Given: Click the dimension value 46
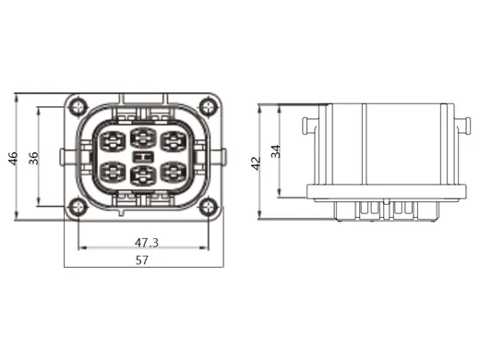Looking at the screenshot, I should point(13,158).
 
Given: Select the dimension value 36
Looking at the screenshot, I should point(33,157).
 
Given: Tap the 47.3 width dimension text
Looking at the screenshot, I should point(147,242).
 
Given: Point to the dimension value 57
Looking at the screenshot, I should point(142,261).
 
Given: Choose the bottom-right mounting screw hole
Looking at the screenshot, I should point(209,206).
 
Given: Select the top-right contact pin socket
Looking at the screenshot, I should point(174,142).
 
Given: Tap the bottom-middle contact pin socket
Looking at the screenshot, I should point(143,174).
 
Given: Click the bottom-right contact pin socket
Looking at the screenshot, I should point(174,172).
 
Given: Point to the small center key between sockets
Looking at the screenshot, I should point(143,157).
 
